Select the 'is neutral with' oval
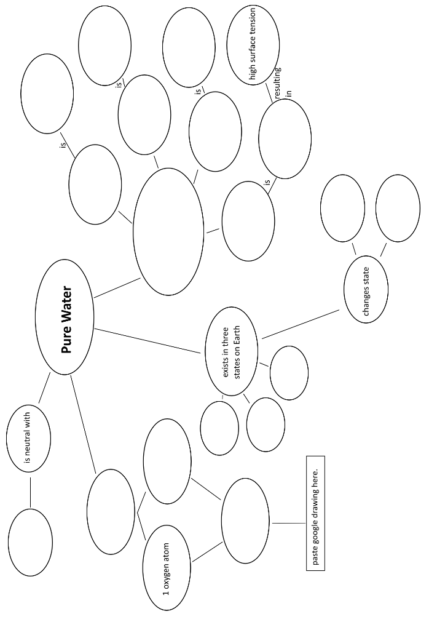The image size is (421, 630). (x=28, y=437)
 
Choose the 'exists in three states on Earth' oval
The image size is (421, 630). (x=232, y=352)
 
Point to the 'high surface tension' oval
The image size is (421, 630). (x=253, y=44)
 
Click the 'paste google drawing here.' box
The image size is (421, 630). (x=315, y=512)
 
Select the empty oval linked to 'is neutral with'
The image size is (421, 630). (x=30, y=542)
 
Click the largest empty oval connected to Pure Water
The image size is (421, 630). (x=168, y=232)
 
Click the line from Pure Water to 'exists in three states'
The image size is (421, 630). (x=149, y=341)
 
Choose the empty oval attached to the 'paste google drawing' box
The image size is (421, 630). (x=245, y=520)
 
